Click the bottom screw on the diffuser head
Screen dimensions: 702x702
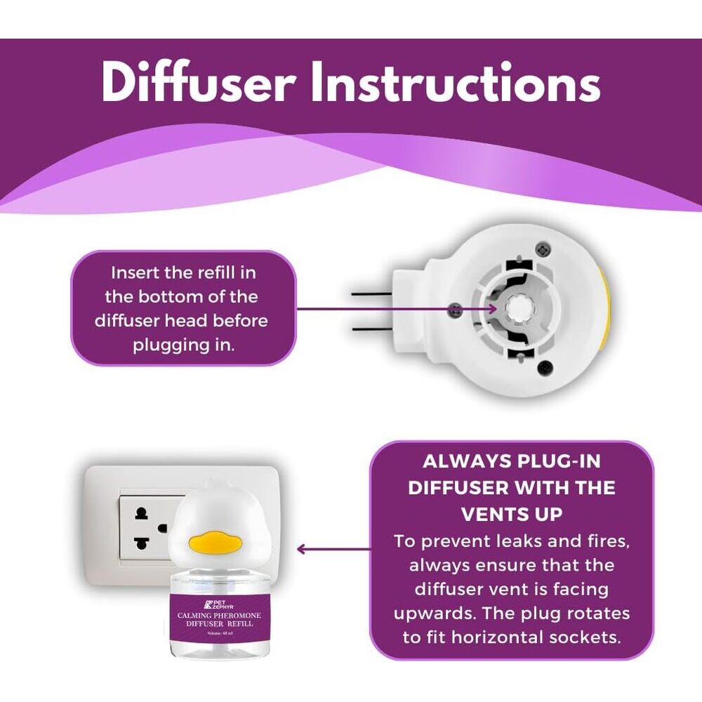click(x=543, y=367)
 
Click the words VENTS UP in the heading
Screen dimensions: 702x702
click(x=511, y=514)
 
